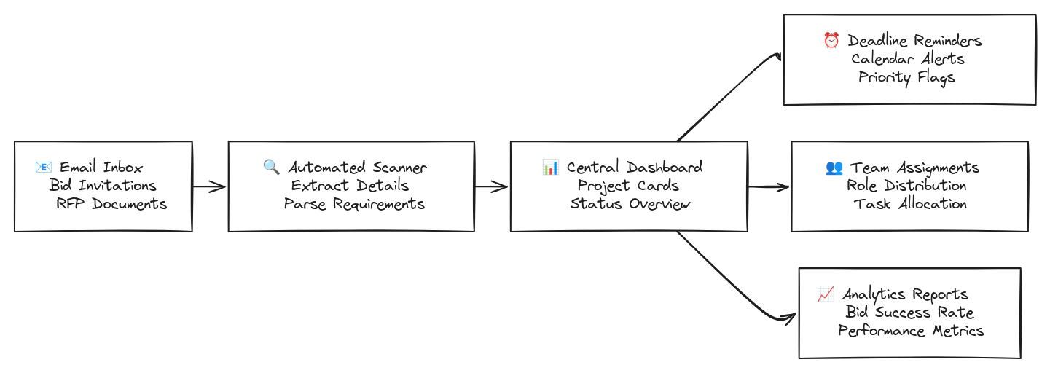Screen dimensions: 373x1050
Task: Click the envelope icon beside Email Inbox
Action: [x=44, y=168]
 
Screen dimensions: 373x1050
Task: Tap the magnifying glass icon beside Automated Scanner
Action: [x=271, y=167]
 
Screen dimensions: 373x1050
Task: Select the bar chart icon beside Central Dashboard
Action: [x=550, y=167]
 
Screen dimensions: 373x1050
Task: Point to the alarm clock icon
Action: [x=831, y=41]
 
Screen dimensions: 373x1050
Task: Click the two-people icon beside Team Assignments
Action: [x=834, y=168]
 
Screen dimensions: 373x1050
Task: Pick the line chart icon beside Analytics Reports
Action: [x=826, y=294]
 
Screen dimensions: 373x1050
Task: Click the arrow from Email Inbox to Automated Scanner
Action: [x=209, y=186]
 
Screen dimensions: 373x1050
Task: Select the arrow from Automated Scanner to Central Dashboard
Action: [x=492, y=186]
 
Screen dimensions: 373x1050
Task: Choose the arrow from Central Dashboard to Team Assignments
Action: [x=769, y=186]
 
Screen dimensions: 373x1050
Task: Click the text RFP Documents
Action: [x=111, y=204]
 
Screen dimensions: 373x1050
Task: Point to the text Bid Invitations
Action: [x=103, y=186]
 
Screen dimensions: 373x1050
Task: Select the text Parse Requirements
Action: [x=354, y=204]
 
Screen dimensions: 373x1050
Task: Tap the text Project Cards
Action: [x=628, y=186]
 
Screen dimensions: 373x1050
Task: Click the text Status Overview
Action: [x=630, y=204]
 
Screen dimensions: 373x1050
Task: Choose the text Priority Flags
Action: [x=906, y=77]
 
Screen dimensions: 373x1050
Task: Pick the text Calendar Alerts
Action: [x=907, y=59]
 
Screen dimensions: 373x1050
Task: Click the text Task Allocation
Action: [x=910, y=204]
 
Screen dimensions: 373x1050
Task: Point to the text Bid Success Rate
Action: [x=909, y=313]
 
